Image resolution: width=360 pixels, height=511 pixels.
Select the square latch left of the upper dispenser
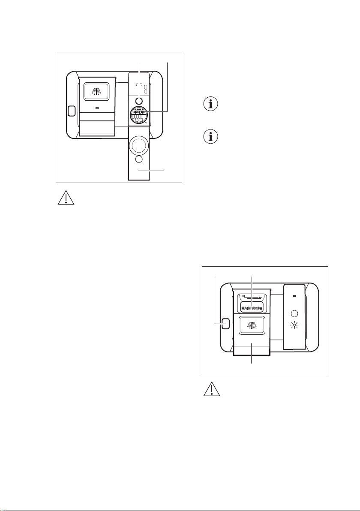[x=71, y=111]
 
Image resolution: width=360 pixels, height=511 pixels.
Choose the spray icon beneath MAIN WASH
[x=252, y=325]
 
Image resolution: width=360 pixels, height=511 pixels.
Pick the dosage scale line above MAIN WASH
[x=252, y=297]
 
